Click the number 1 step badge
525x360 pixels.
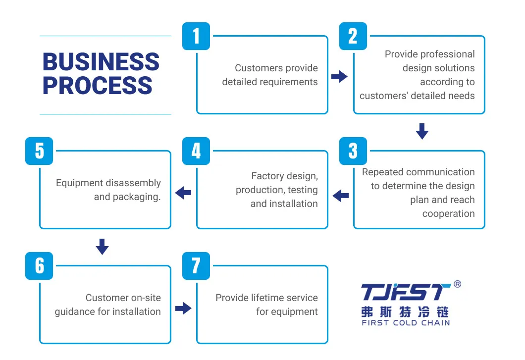coord(196,36)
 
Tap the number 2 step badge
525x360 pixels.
coord(353,36)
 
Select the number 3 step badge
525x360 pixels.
coord(353,151)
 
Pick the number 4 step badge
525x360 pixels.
coord(196,151)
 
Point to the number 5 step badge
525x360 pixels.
coord(39,151)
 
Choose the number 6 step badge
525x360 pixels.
coord(39,266)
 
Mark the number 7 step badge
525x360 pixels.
coord(196,266)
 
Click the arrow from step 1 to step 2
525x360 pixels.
coord(339,77)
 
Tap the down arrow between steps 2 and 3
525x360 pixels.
coord(422,131)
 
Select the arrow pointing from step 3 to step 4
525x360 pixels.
coord(340,196)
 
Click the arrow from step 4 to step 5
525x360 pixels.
coord(183,193)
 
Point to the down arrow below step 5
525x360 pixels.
coord(102,246)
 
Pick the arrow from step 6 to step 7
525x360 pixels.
coord(183,309)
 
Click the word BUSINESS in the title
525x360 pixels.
coord(101,62)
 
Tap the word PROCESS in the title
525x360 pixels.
coord(97,85)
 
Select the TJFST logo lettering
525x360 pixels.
coord(406,293)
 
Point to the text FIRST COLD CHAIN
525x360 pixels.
coord(406,323)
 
